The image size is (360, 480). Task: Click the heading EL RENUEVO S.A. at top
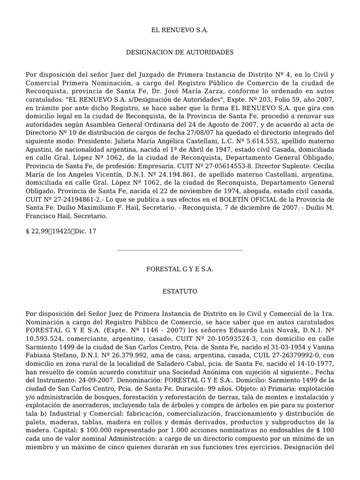click(180, 30)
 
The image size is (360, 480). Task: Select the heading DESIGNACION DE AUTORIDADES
click(180, 52)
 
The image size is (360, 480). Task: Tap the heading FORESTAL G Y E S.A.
click(180, 269)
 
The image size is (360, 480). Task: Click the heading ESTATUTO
click(180, 292)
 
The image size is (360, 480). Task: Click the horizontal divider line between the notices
click(180, 250)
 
